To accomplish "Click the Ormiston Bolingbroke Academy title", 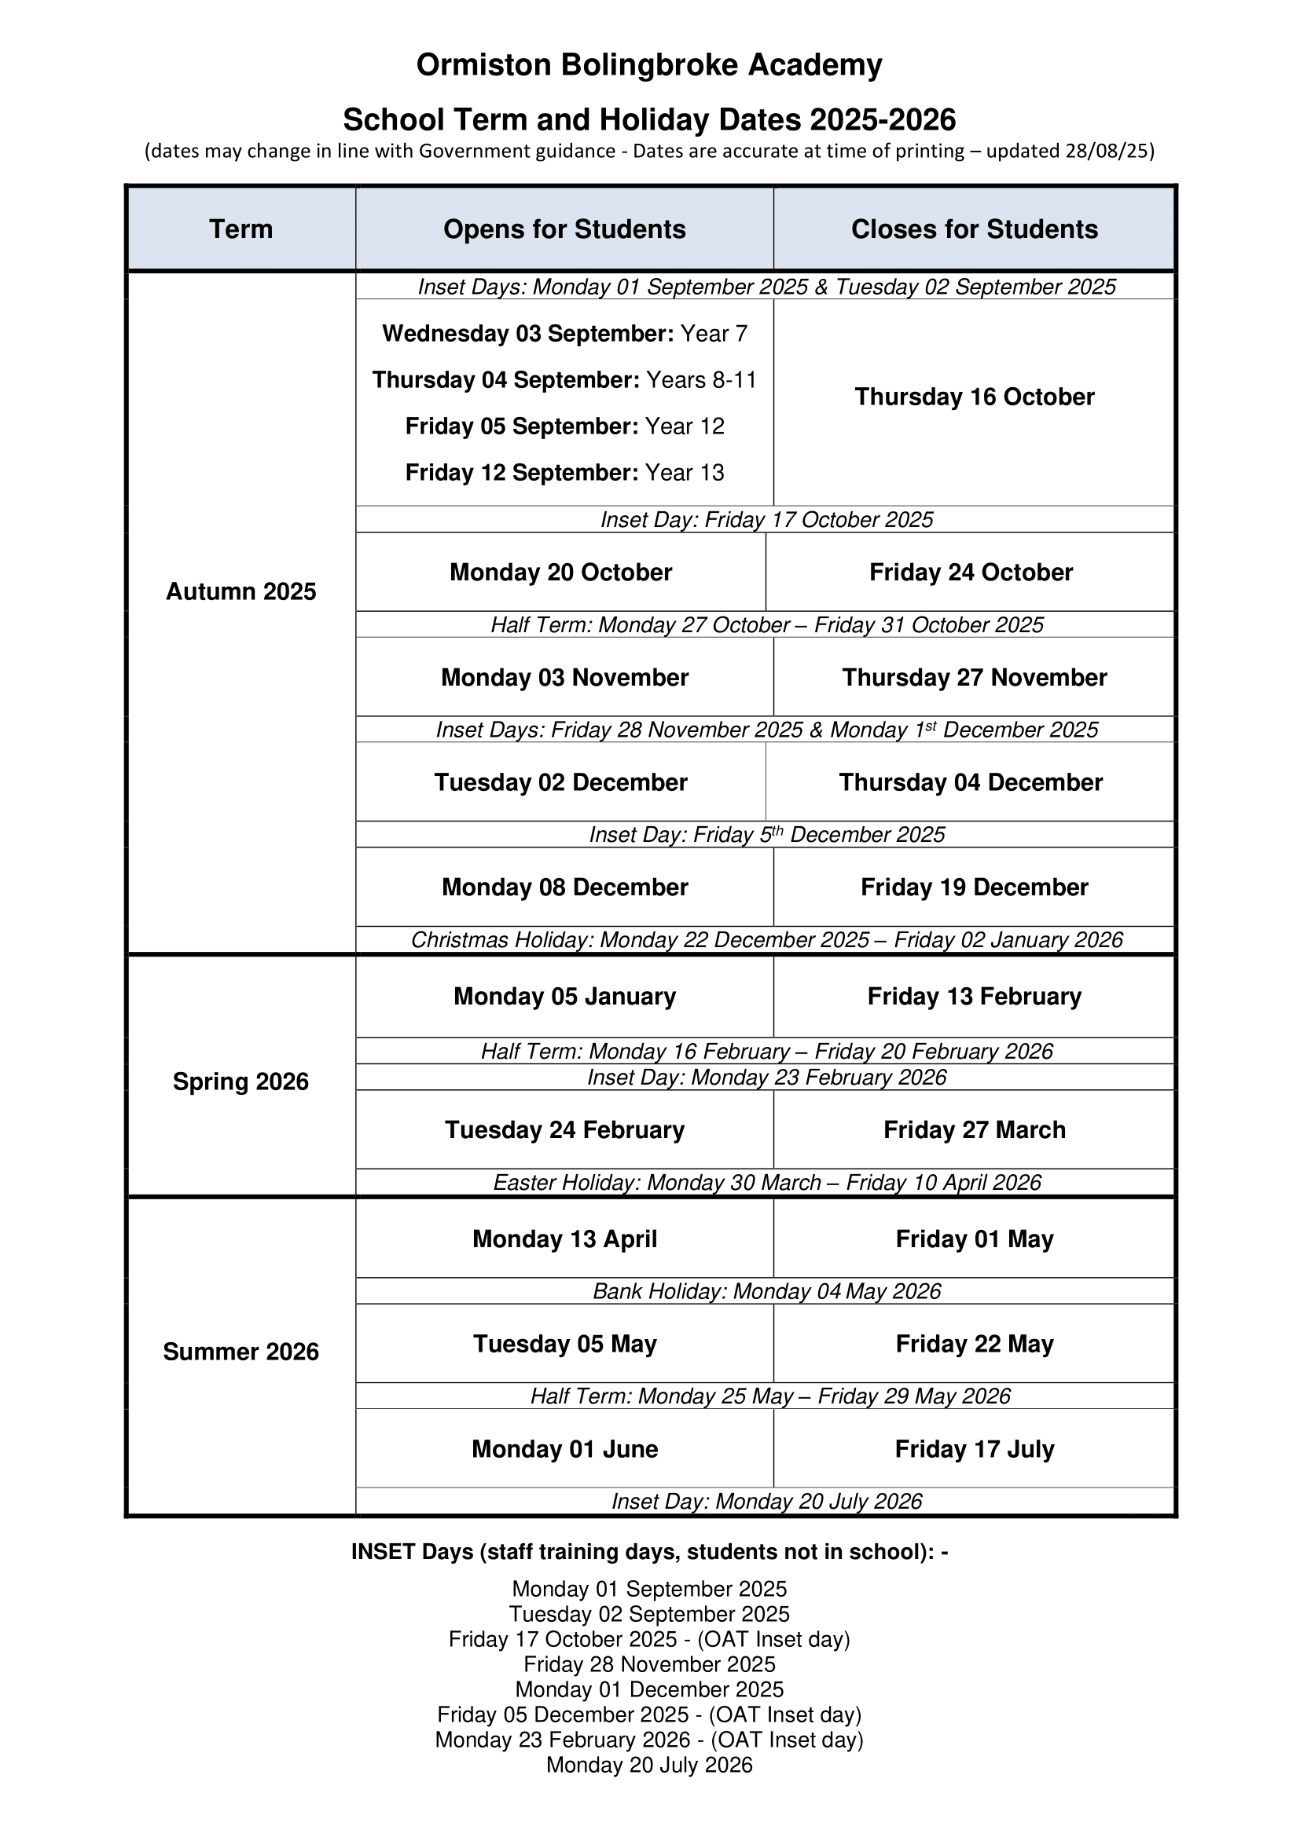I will tap(649, 65).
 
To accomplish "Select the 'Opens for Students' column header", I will tap(564, 229).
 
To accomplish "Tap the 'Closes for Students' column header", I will tap(974, 229).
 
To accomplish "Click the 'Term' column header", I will tap(241, 229).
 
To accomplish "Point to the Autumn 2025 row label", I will tap(241, 591).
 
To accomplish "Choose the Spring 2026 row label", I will tap(241, 1081).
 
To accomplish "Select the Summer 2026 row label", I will tap(241, 1352).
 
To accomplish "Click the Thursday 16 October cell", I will tap(974, 397).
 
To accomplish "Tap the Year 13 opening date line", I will tap(564, 472).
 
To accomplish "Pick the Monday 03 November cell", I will tap(564, 677).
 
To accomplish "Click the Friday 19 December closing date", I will tap(974, 887).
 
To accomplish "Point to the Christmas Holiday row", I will tap(766, 939).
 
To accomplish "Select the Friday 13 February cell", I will tap(974, 996).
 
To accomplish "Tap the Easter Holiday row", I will tap(766, 1183).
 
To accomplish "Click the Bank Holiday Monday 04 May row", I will tap(766, 1291).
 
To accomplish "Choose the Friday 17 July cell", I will tap(974, 1449).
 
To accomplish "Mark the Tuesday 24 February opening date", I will tap(564, 1129).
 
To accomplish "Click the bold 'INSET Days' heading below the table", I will tap(649, 1551).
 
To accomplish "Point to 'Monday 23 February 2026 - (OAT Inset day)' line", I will tap(649, 1740).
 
